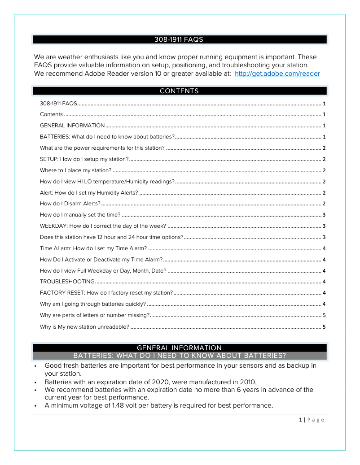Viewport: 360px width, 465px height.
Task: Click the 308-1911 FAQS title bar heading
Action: (179, 39)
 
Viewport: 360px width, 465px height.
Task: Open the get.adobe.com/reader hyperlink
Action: (277, 74)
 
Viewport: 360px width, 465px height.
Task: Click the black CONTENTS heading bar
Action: (179, 91)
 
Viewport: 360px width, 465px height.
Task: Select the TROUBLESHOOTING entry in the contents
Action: (67, 282)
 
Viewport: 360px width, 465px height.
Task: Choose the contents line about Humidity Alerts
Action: (89, 193)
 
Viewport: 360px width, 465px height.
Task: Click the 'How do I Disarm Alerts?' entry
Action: (70, 204)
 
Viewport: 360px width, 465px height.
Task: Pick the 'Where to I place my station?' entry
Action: (75, 170)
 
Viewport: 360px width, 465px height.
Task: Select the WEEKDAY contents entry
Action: (103, 226)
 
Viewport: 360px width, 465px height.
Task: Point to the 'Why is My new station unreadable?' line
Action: (84, 327)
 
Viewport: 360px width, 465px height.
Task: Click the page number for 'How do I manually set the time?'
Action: (324, 215)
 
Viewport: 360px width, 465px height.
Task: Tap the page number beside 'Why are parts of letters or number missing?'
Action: (324, 315)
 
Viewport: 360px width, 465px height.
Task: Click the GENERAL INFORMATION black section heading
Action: (179, 348)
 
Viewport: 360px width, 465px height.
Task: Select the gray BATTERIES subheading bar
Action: (179, 356)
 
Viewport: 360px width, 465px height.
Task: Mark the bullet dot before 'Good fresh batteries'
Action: (35, 366)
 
